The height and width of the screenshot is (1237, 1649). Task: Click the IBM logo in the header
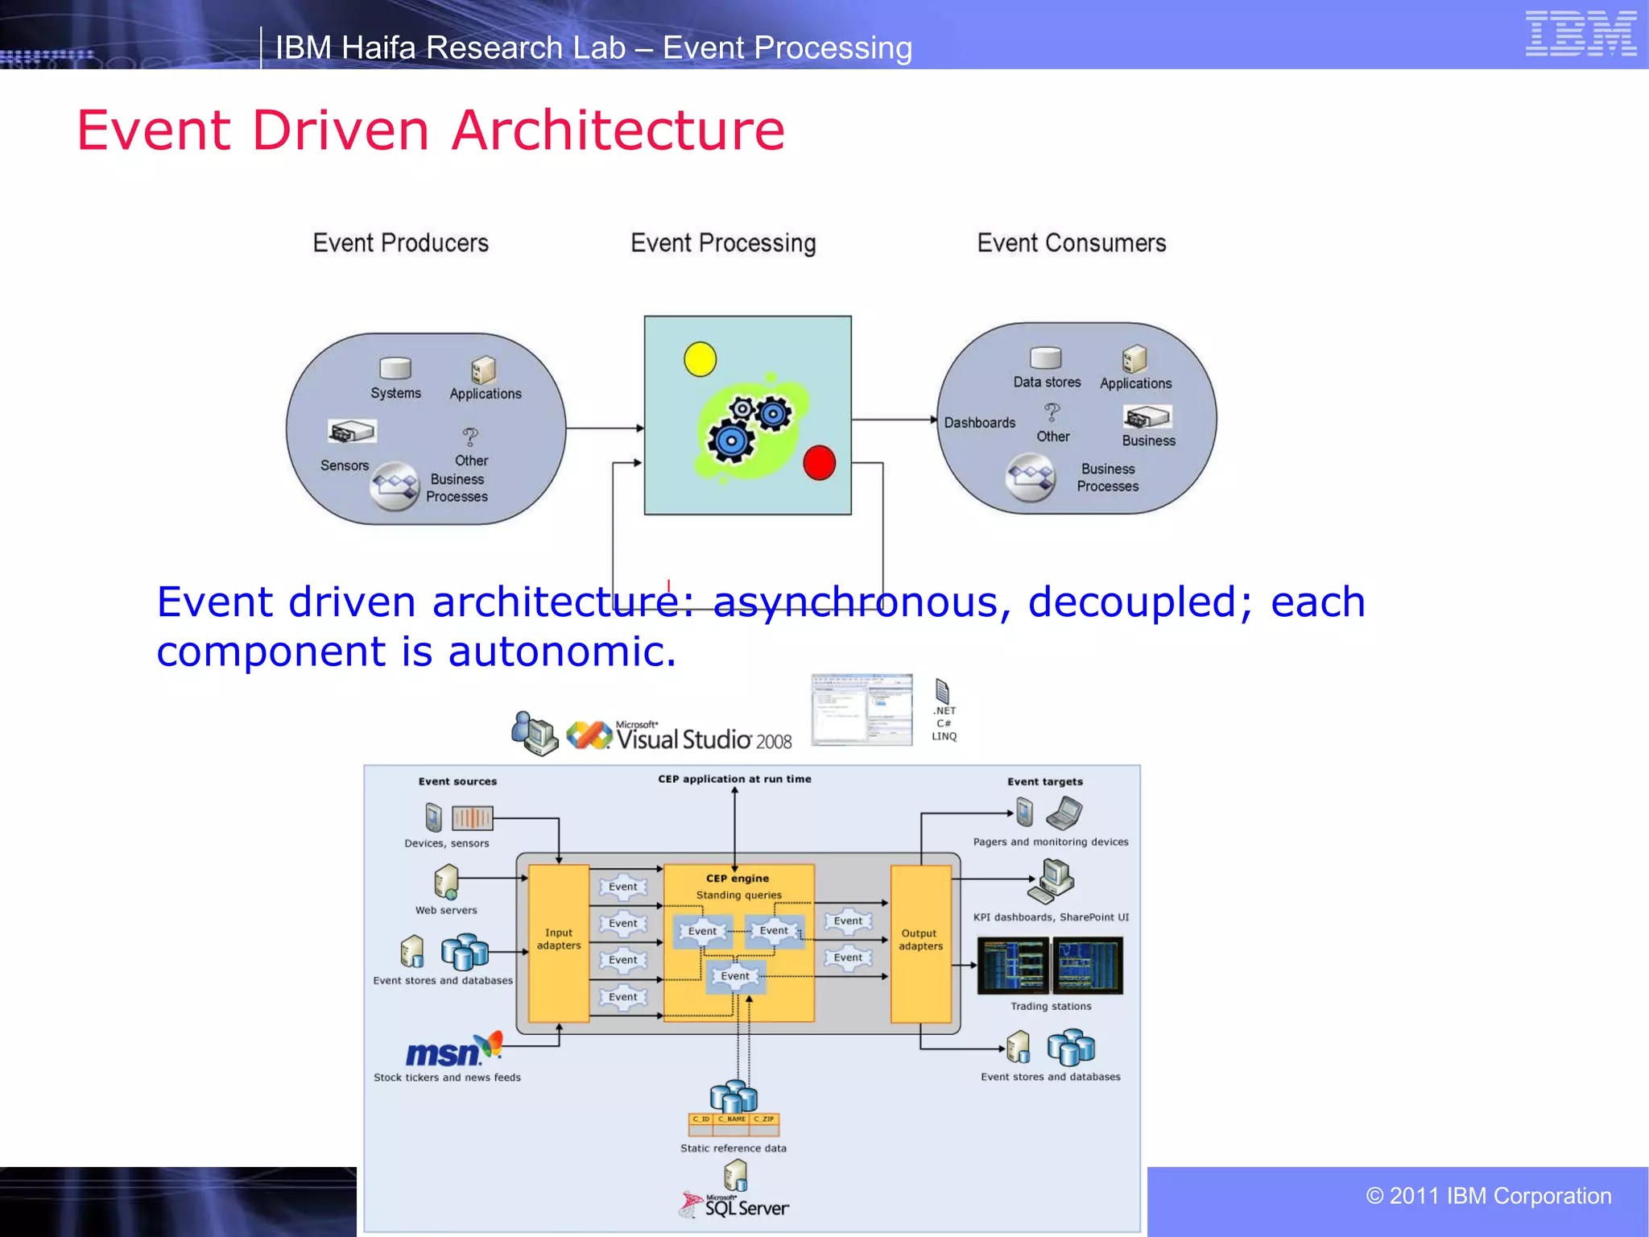coord(1581,33)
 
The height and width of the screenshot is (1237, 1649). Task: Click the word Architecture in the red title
coord(618,130)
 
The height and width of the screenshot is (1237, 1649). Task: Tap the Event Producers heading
coord(400,243)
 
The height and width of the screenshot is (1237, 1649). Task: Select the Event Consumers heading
coord(1071,243)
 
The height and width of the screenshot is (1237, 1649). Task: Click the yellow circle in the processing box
coord(700,359)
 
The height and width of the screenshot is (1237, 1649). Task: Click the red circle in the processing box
coord(819,463)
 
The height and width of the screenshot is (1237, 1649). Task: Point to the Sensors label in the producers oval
coord(345,465)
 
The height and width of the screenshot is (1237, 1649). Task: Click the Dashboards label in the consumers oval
coord(979,423)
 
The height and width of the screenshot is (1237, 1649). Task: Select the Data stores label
coord(1047,383)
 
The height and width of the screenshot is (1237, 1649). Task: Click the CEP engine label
coord(737,879)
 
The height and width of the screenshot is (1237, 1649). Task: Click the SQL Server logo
coord(737,1206)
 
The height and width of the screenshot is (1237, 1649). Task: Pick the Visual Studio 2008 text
coord(703,738)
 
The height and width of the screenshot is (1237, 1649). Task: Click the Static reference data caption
coord(733,1148)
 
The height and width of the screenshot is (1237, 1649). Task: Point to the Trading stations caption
coord(1051,1007)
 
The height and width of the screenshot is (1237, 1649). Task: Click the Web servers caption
coord(446,911)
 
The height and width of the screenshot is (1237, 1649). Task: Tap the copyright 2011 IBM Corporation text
coord(1488,1196)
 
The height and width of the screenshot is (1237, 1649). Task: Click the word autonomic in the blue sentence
coord(561,652)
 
